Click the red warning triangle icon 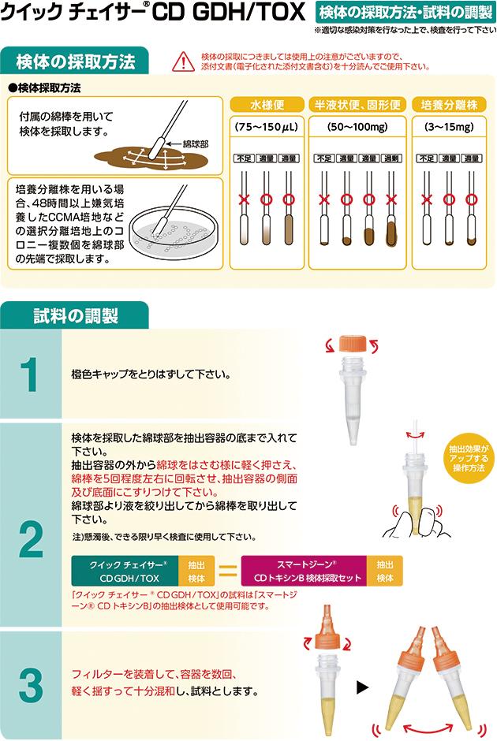183,61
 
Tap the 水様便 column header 267,104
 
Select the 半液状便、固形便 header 357,104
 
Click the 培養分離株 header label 449,104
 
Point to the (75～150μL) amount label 267,127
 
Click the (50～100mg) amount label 357,127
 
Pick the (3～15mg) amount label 449,127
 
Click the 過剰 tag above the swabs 391,158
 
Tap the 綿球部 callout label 196,144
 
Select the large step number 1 31,374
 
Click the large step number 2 31,538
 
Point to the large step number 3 31,685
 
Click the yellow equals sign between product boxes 227,571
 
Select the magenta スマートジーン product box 304,571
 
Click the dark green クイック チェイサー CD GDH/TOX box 125,571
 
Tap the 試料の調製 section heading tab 75,315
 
